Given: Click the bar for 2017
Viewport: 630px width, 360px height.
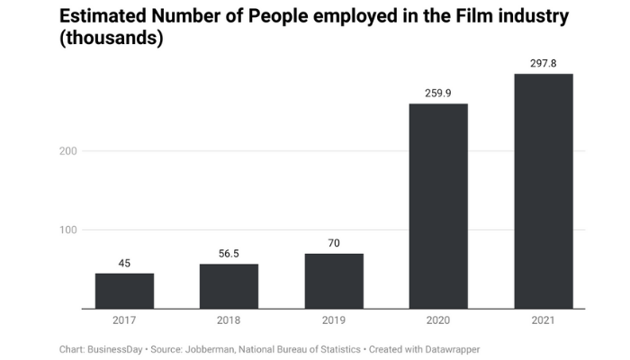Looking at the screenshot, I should click(124, 291).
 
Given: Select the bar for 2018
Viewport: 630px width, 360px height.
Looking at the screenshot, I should click(229, 286).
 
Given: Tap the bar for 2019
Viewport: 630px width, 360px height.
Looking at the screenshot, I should click(334, 281).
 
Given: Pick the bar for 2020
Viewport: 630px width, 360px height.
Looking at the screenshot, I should click(438, 206).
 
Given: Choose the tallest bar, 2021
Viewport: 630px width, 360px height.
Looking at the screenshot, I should click(544, 191).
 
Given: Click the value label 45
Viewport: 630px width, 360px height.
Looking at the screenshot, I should click(124, 264).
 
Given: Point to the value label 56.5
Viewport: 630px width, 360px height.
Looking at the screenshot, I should click(229, 254).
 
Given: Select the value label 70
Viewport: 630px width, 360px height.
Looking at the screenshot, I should click(334, 243).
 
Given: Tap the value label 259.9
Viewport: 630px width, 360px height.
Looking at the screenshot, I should click(438, 93).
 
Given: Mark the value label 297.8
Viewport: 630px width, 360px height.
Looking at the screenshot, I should click(544, 63).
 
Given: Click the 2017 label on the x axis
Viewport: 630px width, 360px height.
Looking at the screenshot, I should click(124, 320).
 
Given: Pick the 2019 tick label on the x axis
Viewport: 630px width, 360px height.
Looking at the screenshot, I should click(334, 320).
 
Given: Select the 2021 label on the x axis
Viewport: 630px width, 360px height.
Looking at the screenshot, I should click(544, 320).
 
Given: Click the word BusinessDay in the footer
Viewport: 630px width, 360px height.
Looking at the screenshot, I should click(114, 347).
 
